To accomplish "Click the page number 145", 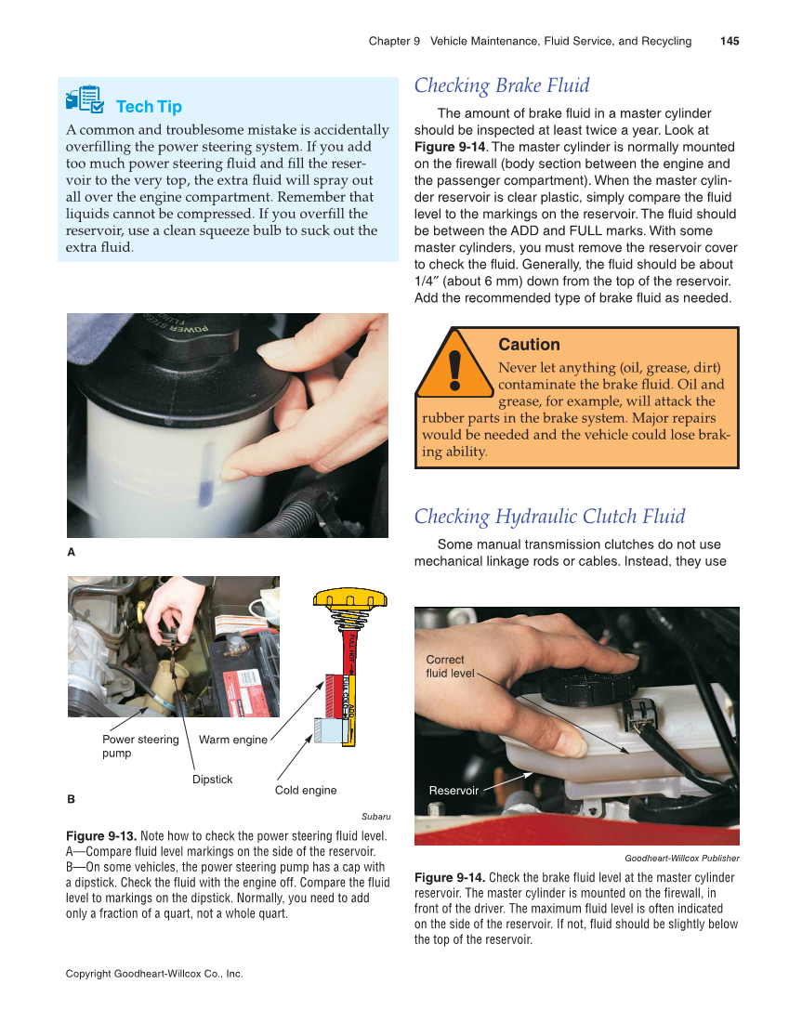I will click(x=729, y=41).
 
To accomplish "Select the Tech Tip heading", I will click(x=149, y=107).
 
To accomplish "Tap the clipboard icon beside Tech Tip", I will click(x=85, y=98).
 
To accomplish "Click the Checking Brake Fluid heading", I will click(x=502, y=85).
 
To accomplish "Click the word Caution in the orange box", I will click(x=529, y=345).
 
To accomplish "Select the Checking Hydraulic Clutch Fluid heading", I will click(x=549, y=517).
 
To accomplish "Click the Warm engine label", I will click(x=232, y=740).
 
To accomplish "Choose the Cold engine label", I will click(x=306, y=790).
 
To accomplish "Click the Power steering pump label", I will click(x=139, y=746).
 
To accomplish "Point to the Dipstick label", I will click(x=212, y=779).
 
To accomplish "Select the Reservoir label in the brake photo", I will click(x=454, y=790).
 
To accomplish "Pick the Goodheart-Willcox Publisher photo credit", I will click(x=681, y=858).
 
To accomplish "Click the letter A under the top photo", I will click(x=71, y=552).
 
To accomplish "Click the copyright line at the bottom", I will click(x=154, y=974).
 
